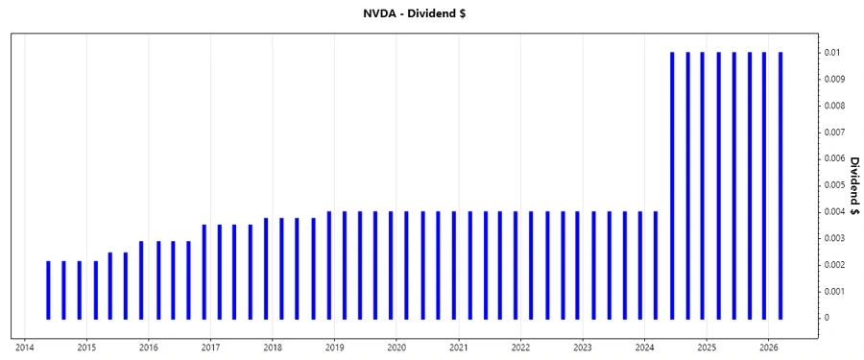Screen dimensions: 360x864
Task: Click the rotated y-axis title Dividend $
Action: pos(853,184)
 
